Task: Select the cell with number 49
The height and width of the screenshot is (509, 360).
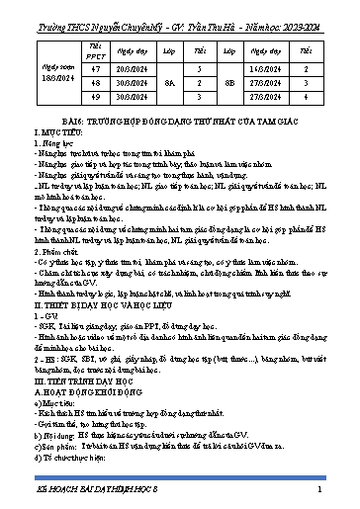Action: (95, 98)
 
